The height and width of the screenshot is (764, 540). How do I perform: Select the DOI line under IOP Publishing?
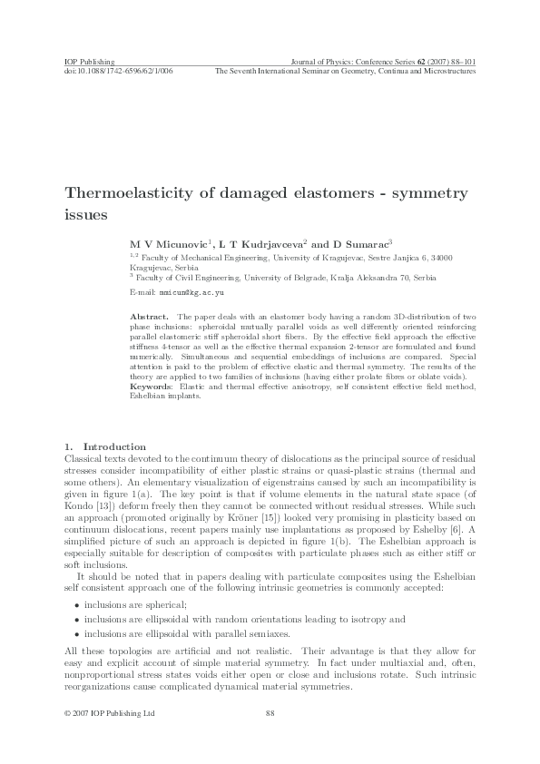(118, 70)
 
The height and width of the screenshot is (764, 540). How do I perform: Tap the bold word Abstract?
(149, 316)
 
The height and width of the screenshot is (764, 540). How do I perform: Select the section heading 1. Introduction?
(105, 446)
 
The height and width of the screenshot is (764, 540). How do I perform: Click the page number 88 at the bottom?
(270, 714)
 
